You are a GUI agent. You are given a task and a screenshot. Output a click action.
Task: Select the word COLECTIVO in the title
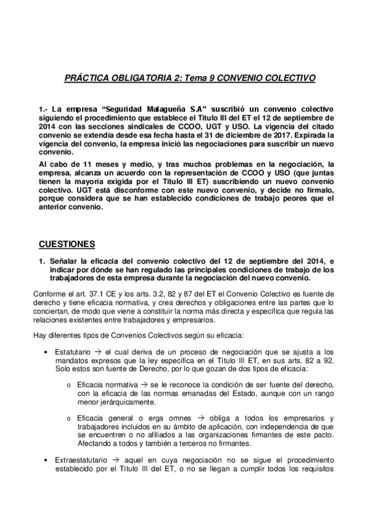pyautogui.click(x=292, y=78)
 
